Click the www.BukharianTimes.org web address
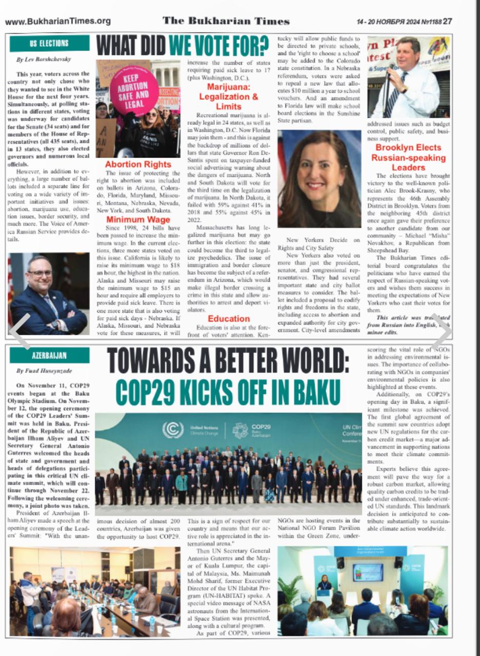57,21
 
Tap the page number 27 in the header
448,22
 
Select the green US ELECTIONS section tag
49,44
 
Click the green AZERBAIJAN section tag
49,355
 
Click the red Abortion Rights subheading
138,165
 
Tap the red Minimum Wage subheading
138,220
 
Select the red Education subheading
229,318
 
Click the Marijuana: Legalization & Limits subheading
229,97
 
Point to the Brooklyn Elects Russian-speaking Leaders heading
408,157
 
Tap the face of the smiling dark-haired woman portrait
319,169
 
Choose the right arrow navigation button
442,332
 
